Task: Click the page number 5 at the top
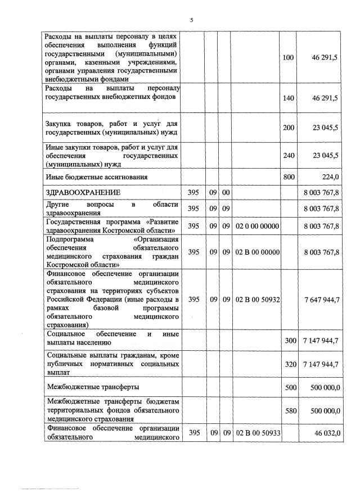point(191,21)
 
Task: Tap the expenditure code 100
point(288,57)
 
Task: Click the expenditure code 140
point(288,98)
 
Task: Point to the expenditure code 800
point(288,177)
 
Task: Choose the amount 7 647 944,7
point(321,300)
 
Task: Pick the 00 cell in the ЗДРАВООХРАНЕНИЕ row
point(225,192)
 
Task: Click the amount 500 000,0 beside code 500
point(323,387)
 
